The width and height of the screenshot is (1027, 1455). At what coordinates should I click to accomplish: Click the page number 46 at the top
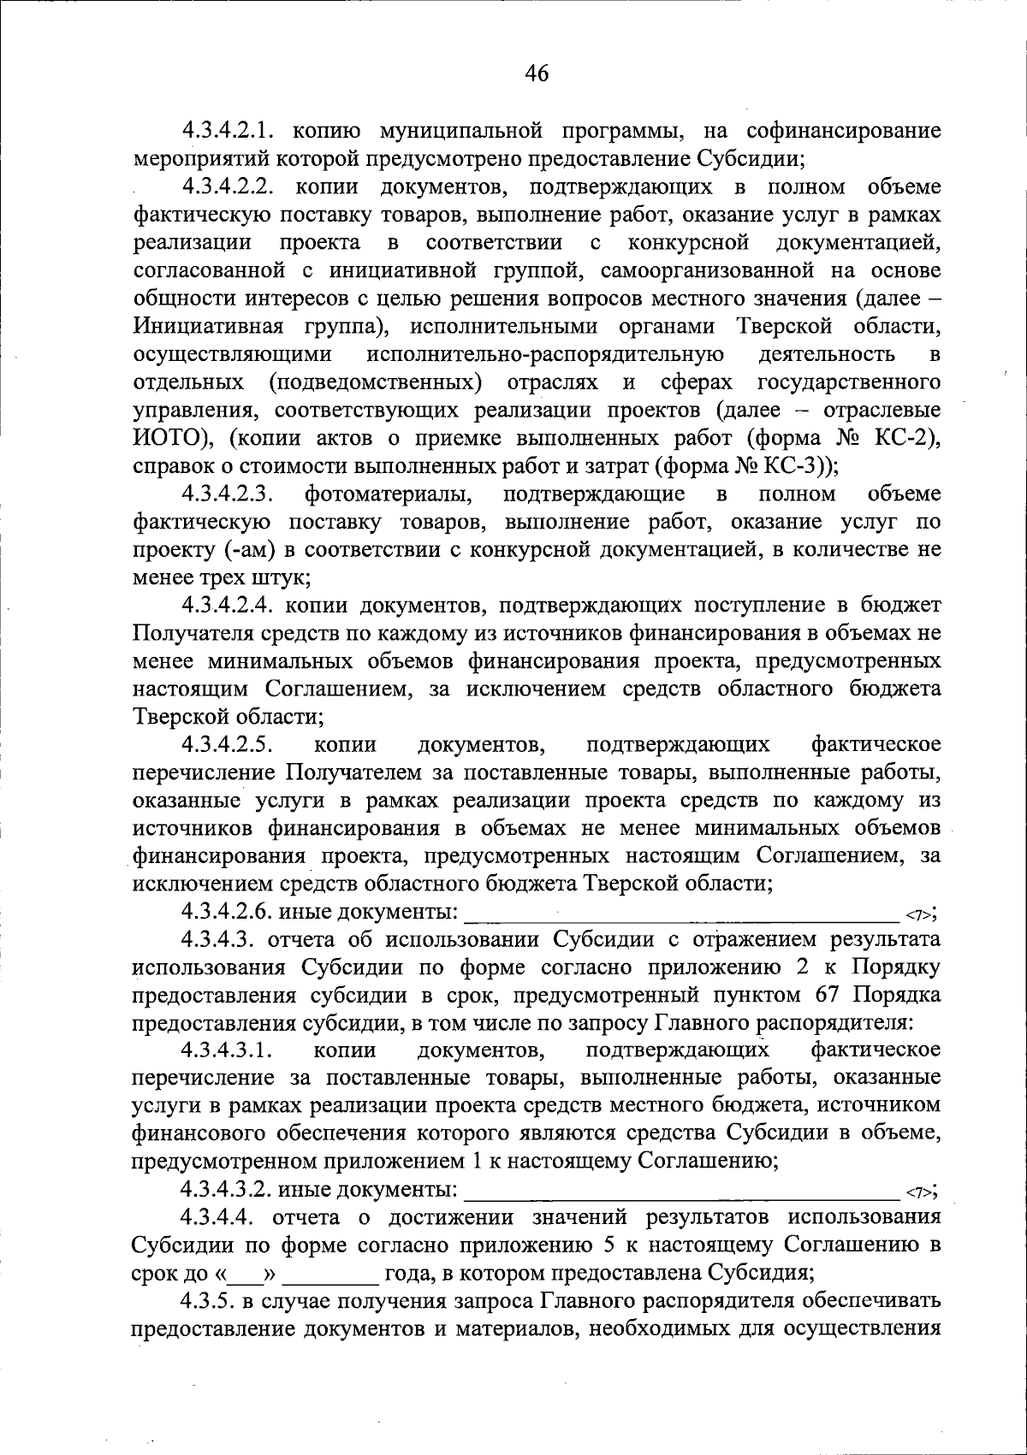(x=537, y=74)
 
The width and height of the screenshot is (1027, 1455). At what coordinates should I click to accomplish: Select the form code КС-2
(x=904, y=439)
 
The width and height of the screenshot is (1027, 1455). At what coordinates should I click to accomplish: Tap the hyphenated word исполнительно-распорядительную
(x=545, y=354)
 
